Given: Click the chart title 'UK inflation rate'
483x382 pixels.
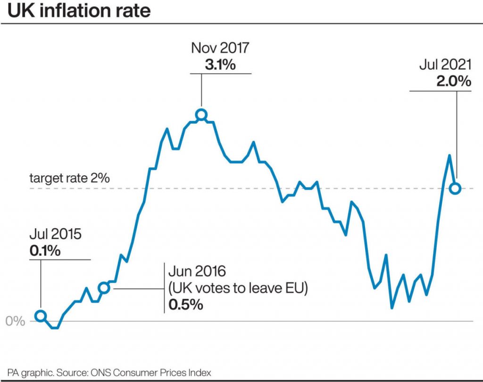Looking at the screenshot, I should coord(79,10).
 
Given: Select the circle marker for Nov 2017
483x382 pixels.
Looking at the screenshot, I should coord(201,115).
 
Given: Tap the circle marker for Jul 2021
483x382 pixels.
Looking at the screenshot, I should coord(455,188).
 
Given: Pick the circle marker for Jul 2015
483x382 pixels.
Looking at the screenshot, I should coord(41,316).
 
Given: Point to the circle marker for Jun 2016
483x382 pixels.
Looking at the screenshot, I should coord(104,288).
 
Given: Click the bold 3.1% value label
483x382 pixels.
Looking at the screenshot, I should coord(220,65).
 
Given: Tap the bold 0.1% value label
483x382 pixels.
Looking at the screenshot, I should coord(45,250).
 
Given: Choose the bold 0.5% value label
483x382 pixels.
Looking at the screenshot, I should coord(185,305).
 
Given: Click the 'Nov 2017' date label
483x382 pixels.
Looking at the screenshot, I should coord(220,49).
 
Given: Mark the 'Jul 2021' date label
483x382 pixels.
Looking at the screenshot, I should coord(445,65).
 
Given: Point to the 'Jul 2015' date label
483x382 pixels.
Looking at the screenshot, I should coord(55,234).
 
